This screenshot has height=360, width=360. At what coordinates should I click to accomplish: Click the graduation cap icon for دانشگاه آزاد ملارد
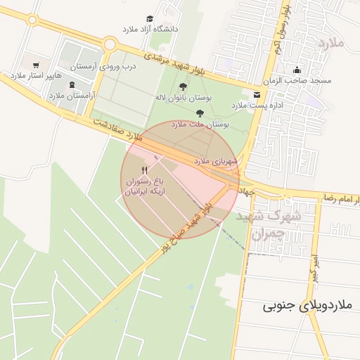150,19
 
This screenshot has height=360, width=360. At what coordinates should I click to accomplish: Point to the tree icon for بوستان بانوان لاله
184,87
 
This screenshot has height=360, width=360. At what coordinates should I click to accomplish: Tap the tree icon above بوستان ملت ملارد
200,112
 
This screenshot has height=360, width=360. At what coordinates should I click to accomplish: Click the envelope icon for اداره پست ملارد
256,94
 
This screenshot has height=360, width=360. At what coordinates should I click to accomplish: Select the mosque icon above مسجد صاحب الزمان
297,70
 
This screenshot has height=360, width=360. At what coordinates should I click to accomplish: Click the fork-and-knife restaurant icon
145,170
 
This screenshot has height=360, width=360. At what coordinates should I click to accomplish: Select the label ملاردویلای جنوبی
307,306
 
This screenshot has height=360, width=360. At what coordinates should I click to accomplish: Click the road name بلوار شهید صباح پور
184,226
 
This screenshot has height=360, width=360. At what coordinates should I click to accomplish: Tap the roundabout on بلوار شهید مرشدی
109,44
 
